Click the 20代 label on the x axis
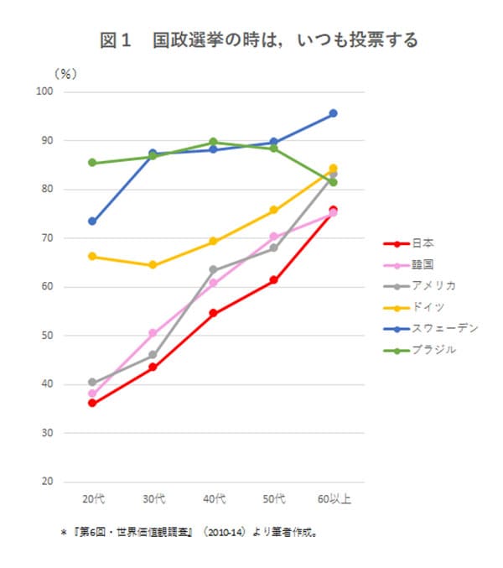tap(93, 500)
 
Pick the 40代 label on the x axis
tap(214, 500)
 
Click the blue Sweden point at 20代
tap(92, 221)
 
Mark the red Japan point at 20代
tap(92, 404)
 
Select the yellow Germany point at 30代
tap(153, 265)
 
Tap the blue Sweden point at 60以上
tap(333, 113)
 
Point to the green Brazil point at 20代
tap(92, 163)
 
